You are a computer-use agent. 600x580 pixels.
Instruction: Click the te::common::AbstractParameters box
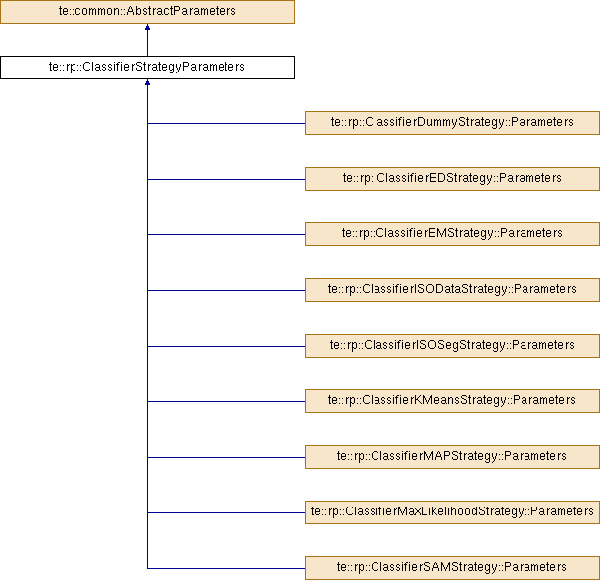[x=147, y=12]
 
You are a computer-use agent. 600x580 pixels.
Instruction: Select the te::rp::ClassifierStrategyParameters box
[x=147, y=68]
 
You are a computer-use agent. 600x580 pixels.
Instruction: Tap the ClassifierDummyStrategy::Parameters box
[x=452, y=123]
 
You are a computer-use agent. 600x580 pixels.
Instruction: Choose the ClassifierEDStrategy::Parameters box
[x=452, y=179]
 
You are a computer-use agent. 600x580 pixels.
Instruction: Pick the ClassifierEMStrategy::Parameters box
[x=452, y=234]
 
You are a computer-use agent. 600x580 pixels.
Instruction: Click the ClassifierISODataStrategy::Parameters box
[x=452, y=290]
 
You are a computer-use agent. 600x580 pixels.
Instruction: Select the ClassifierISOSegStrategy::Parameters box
[x=452, y=346]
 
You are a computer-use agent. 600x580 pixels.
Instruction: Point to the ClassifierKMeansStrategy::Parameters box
[x=452, y=401]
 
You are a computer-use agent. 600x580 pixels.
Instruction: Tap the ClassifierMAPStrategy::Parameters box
[x=452, y=457]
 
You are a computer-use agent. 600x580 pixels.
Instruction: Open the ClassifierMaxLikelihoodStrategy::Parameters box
[x=452, y=512]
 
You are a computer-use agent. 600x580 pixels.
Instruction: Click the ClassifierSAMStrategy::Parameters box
[x=452, y=568]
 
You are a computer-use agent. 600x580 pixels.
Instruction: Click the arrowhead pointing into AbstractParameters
[x=147, y=27]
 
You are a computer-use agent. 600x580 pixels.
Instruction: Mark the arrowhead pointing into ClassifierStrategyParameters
[x=147, y=82]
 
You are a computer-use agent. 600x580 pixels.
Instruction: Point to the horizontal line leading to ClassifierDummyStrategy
[x=226, y=123]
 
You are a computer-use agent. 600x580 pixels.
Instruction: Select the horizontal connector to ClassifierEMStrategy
[x=226, y=235]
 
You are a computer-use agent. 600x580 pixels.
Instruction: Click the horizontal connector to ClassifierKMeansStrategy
[x=226, y=401]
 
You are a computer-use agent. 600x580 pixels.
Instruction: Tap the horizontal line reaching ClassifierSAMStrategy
[x=226, y=568]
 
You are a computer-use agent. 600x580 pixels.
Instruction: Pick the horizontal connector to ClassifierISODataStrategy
[x=226, y=290]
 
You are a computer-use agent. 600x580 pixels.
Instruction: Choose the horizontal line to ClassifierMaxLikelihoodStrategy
[x=226, y=513]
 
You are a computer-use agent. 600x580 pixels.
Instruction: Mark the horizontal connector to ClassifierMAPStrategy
[x=226, y=457]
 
